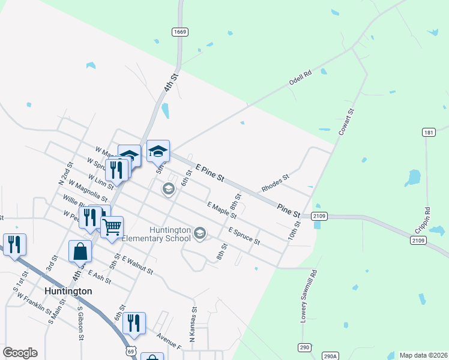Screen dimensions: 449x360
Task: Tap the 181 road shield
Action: pyautogui.click(x=428, y=133)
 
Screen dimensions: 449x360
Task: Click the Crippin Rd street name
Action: pyautogui.click(x=427, y=220)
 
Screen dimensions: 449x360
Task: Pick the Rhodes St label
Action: pyautogui.click(x=276, y=183)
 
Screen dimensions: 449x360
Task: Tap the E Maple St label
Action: pyautogui.click(x=221, y=210)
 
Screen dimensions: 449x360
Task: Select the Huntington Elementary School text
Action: pyautogui.click(x=157, y=234)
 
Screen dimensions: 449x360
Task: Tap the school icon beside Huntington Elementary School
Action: pyautogui.click(x=200, y=233)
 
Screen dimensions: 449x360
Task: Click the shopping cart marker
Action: pyautogui.click(x=112, y=227)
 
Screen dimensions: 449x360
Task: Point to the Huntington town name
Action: pyautogui.click(x=68, y=291)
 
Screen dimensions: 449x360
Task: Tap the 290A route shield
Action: pyautogui.click(x=330, y=355)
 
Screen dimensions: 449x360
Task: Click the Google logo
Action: pyautogui.click(x=20, y=353)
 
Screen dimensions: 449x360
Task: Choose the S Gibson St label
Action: pyautogui.click(x=80, y=325)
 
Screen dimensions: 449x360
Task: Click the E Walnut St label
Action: pyautogui.click(x=137, y=265)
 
